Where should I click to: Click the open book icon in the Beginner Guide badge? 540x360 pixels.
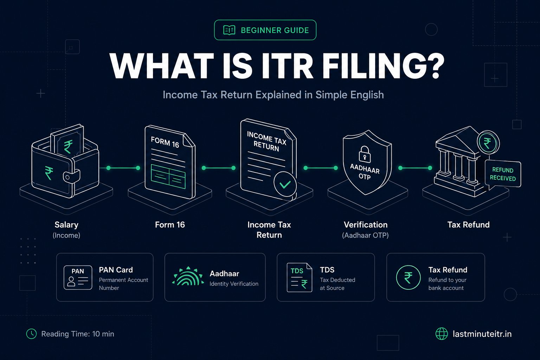pos(229,30)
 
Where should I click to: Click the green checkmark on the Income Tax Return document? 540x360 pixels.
pos(285,185)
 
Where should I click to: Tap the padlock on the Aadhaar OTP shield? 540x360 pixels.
pos(365,154)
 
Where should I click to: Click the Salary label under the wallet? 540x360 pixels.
pos(66,225)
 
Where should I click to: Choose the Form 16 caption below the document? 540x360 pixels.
pos(170,225)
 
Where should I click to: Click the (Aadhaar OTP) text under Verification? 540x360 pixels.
pos(365,235)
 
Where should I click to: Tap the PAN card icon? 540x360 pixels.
pos(78,277)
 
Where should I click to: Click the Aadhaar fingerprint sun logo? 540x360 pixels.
pos(188,276)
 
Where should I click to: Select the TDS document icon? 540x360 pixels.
pos(300,277)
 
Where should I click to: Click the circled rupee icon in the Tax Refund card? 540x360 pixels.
pos(408,277)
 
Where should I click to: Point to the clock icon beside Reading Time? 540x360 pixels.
pos(31,334)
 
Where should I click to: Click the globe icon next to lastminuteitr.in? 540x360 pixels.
pos(442,334)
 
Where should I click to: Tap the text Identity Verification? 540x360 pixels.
pos(234,284)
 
